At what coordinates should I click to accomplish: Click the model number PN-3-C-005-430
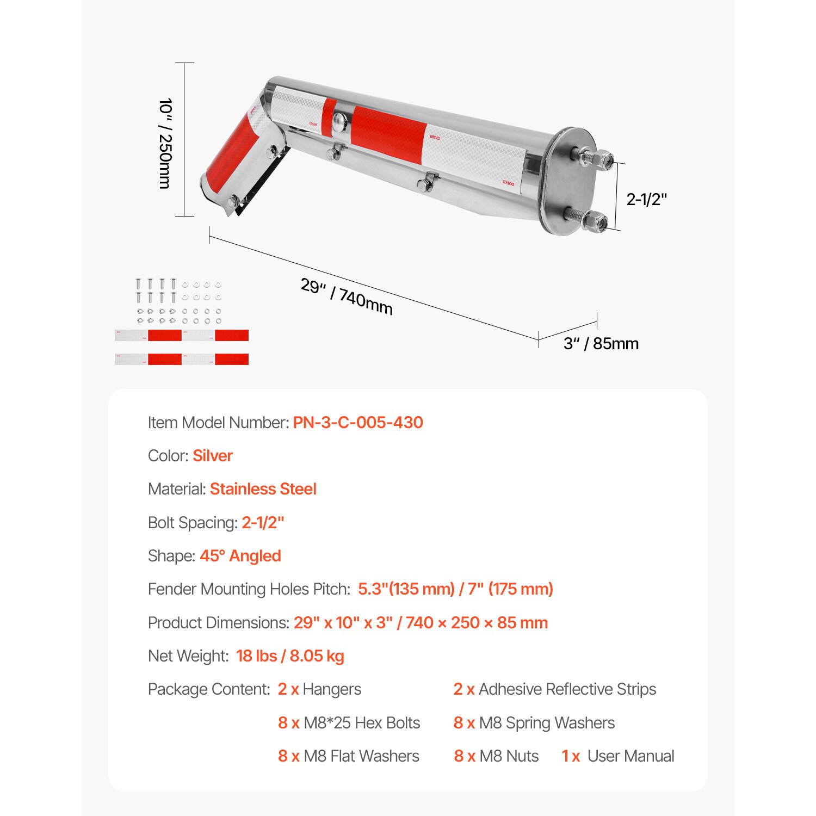click(358, 423)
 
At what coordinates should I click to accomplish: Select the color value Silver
click(212, 456)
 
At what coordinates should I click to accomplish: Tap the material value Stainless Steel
click(263, 489)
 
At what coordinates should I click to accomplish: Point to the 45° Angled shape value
click(240, 556)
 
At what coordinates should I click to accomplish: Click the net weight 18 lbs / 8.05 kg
click(290, 656)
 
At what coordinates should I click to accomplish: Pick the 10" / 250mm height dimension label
click(165, 144)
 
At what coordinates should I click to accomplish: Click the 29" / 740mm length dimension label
click(347, 296)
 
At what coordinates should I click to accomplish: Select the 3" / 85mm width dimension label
click(601, 344)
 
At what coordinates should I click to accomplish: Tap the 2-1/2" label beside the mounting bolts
click(646, 200)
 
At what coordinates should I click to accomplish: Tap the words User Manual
click(630, 756)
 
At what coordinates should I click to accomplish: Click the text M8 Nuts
click(509, 756)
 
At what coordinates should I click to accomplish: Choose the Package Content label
click(209, 689)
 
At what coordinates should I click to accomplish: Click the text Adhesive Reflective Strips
click(567, 689)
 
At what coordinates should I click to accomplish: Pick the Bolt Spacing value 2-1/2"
click(263, 523)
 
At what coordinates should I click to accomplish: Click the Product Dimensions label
click(218, 623)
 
